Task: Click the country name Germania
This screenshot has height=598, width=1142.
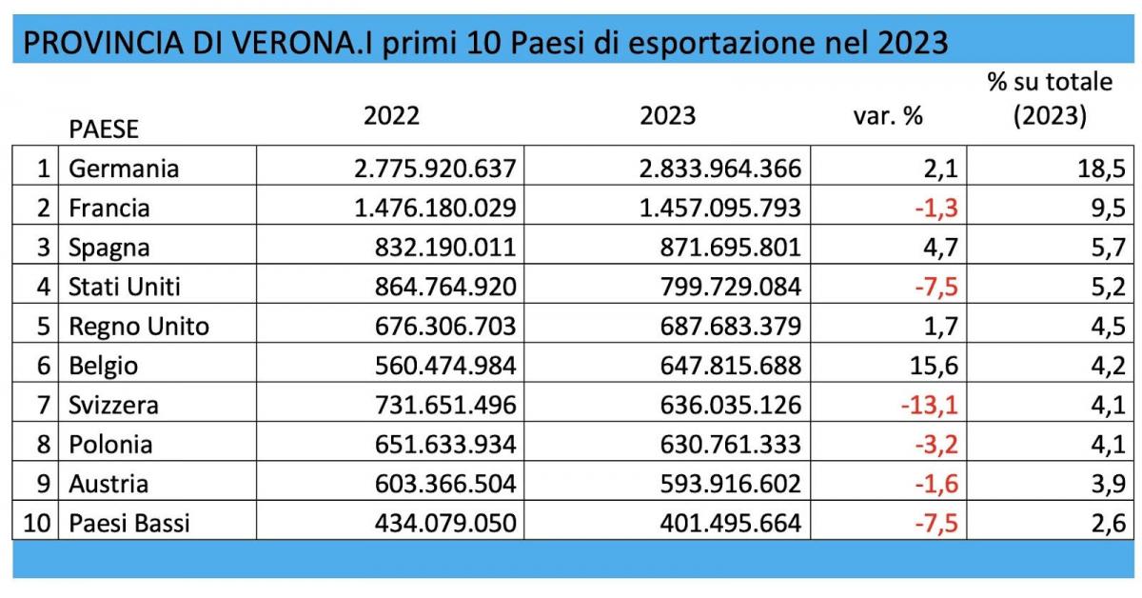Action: pyautogui.click(x=124, y=169)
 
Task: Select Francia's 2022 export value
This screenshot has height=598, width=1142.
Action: pyautogui.click(x=434, y=208)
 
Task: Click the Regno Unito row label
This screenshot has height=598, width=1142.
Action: pyautogui.click(x=139, y=327)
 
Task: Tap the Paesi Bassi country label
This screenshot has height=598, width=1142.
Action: pyautogui.click(x=129, y=524)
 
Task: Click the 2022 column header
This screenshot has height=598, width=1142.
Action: pyautogui.click(x=391, y=115)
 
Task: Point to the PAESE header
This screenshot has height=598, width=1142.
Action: pyautogui.click(x=104, y=129)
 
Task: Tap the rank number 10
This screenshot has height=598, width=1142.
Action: pyautogui.click(x=34, y=524)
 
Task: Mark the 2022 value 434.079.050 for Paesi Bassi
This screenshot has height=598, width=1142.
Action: pyautogui.click(x=434, y=524)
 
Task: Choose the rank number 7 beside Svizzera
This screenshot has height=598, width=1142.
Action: pyautogui.click(x=42, y=406)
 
